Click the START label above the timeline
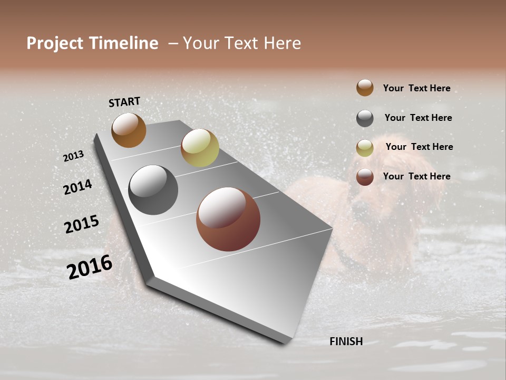124,102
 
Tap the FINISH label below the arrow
346,341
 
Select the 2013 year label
73,156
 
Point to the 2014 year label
77,187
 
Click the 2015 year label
82,224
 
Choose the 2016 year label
90,267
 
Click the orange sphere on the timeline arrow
129,130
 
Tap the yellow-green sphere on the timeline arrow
200,148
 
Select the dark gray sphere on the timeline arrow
153,190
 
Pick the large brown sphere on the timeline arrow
228,219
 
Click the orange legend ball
365,88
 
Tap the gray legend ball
365,118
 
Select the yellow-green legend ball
365,148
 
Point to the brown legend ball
365,177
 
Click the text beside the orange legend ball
416,88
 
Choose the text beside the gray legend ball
418,118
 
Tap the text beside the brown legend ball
416,176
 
